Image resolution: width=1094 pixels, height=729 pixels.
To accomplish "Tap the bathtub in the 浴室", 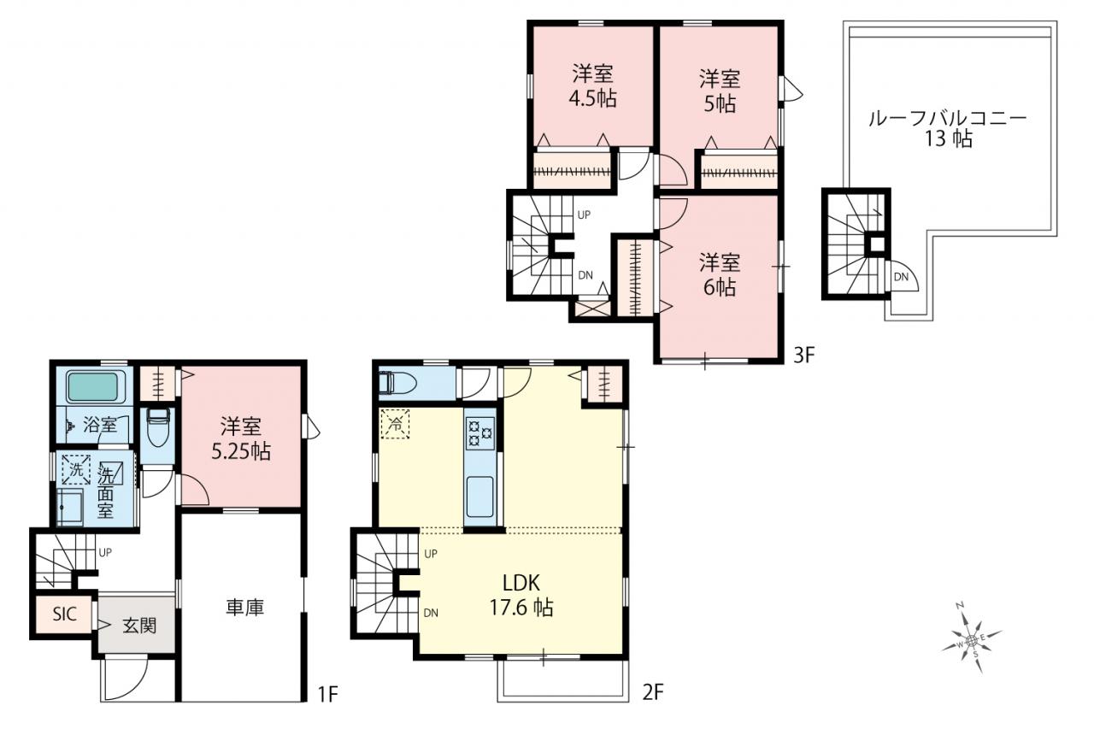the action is point(93,386).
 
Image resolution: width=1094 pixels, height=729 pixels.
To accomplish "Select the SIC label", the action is point(64,614).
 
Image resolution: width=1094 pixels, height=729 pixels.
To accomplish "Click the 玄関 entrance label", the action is point(139,626).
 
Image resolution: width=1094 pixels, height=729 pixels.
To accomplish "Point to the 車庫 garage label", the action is point(244,607).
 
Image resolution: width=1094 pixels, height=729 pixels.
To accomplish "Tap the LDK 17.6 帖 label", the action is point(521,595).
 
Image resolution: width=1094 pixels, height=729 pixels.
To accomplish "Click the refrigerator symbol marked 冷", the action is point(395,424).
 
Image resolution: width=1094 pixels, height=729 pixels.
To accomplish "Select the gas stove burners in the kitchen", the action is point(480,433).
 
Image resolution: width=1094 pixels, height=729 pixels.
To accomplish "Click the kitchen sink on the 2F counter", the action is point(480,497).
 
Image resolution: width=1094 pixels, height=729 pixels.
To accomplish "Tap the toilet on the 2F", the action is point(397,382).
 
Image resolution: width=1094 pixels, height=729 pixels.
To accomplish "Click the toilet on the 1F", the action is point(157,427).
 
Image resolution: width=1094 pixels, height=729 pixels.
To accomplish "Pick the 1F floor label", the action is point(328,693).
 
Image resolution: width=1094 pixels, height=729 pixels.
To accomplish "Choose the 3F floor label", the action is point(804,355).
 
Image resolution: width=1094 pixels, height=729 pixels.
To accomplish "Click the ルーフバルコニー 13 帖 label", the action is point(948,128).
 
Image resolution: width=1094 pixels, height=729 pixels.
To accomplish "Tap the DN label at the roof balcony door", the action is point(901,277).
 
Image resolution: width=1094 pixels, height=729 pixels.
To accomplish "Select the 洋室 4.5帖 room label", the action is point(592,86).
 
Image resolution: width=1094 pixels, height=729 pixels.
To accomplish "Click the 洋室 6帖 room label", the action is point(720,275).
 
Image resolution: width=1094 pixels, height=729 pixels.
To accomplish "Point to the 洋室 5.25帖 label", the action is point(241,438).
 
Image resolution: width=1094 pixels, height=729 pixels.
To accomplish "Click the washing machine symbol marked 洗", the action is point(76,470).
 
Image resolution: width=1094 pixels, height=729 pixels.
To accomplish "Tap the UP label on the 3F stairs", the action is point(584,215).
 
